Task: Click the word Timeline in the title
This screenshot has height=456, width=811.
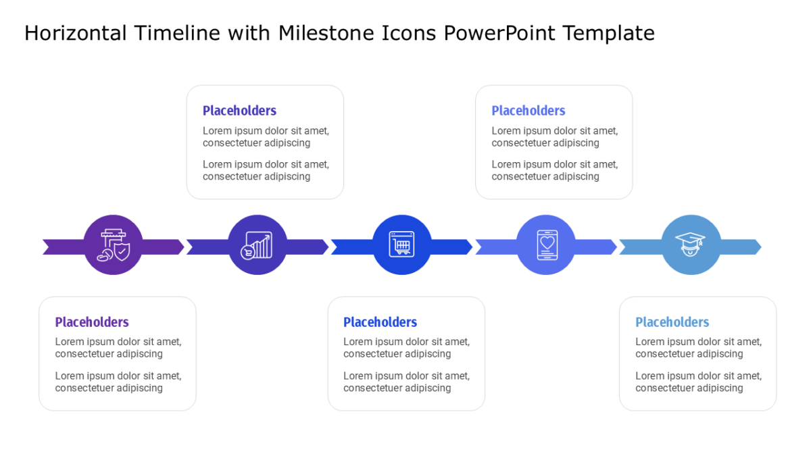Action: [177, 33]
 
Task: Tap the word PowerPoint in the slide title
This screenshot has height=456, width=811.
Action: [499, 33]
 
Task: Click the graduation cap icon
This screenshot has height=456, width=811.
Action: [690, 245]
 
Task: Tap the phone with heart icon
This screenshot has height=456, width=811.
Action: [547, 245]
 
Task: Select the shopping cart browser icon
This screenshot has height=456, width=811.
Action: [401, 245]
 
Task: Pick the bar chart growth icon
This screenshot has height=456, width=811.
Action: [257, 245]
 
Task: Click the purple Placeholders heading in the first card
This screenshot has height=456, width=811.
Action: [92, 322]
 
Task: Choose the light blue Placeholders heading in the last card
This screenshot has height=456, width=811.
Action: [672, 322]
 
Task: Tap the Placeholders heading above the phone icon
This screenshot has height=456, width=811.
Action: [529, 111]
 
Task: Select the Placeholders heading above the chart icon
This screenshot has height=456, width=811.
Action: [239, 111]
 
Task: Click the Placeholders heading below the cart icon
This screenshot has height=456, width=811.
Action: [380, 322]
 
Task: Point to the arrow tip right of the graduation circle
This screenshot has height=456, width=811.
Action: [761, 247]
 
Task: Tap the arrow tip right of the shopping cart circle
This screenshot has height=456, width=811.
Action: [472, 247]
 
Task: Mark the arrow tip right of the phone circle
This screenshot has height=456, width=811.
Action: [616, 247]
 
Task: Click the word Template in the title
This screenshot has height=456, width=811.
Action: [609, 33]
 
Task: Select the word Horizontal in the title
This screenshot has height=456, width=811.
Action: [75, 33]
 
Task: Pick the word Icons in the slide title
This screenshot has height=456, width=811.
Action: [409, 33]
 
